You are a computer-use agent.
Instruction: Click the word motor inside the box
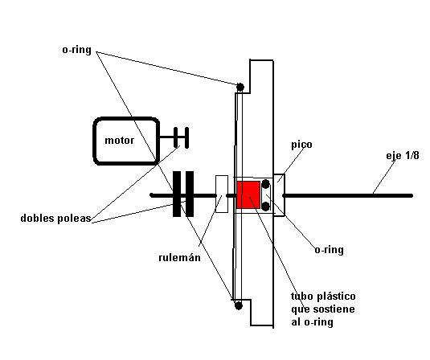pos(119,141)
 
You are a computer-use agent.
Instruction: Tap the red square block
pos(248,194)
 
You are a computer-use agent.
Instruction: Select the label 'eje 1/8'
pos(403,156)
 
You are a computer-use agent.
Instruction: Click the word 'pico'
pos(301,145)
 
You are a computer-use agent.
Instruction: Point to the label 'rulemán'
pos(179,257)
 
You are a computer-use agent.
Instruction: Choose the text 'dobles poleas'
pos(55,219)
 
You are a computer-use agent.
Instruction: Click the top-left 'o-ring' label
pos(77,50)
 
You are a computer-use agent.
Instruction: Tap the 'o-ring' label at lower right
pos(329,250)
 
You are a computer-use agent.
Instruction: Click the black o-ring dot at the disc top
pos(240,88)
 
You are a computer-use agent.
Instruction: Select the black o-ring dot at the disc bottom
pos(239,305)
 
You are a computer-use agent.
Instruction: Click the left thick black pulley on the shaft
pos(177,194)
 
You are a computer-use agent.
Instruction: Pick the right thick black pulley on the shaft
pos(190,194)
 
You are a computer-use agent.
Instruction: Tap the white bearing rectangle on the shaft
pos(222,194)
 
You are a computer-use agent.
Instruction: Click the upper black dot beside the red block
pos(266,183)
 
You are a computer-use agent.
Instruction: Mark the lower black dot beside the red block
pos(266,207)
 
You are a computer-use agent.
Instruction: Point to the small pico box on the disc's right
pos(279,195)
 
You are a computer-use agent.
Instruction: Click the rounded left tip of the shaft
pos(152,195)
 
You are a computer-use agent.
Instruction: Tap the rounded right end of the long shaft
pos(411,195)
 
